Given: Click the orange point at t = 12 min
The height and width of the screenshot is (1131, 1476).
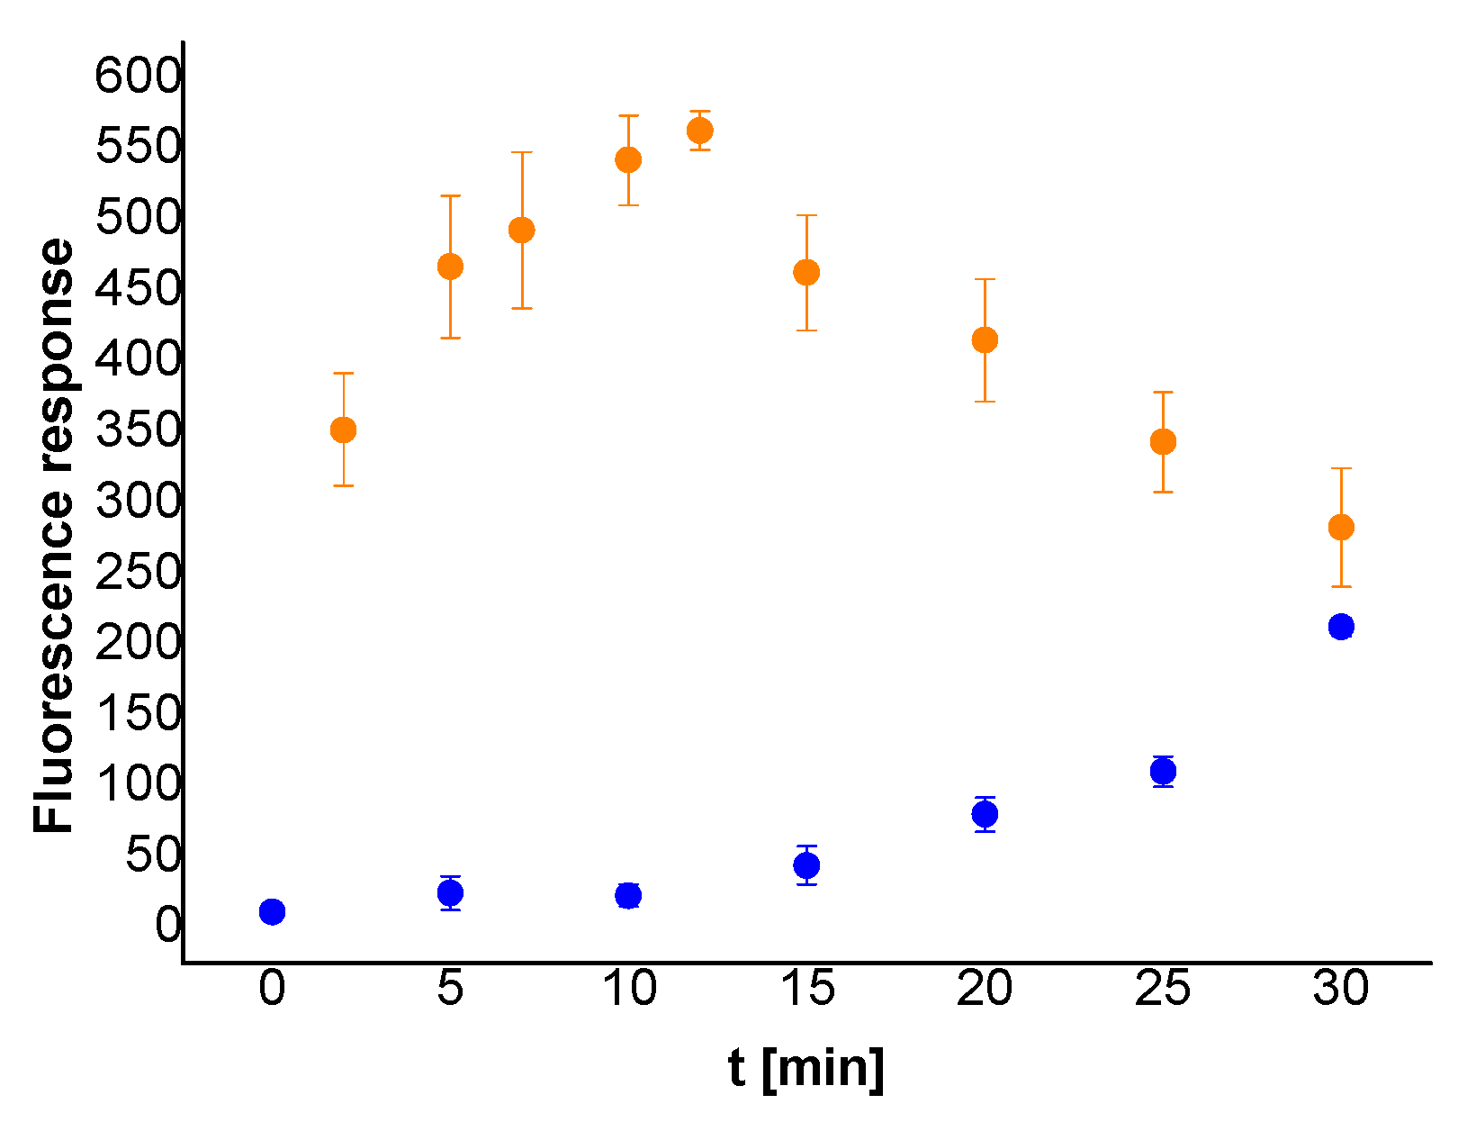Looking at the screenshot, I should [699, 131].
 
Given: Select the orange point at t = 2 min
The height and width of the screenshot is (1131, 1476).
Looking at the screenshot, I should [343, 430].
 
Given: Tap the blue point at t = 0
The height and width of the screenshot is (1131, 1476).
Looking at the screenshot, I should [272, 911].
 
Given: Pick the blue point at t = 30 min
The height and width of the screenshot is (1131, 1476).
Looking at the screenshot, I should [1341, 627].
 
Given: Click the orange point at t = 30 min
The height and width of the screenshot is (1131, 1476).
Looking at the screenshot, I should [1341, 528].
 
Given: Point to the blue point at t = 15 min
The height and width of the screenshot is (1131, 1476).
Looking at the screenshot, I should [806, 865].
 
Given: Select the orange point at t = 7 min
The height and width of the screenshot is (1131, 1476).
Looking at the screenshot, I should [521, 231].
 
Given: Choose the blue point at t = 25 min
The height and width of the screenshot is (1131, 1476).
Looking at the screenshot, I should [1163, 772].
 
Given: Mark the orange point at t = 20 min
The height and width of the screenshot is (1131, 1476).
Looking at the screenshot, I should [985, 340].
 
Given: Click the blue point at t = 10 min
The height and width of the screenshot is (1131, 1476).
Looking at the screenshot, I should [628, 895].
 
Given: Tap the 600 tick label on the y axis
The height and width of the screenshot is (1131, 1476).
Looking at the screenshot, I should [138, 75].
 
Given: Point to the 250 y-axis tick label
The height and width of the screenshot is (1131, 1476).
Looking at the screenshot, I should [138, 571].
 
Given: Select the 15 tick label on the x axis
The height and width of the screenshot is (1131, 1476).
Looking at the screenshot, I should [807, 988].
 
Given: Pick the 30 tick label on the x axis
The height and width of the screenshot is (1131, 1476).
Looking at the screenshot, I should [1341, 988].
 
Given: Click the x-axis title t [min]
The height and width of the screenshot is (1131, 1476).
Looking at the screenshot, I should [806, 1069].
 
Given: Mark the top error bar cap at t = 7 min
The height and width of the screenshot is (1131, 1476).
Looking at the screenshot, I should [521, 153].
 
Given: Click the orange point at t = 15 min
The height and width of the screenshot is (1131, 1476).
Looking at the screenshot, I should [806, 273].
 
